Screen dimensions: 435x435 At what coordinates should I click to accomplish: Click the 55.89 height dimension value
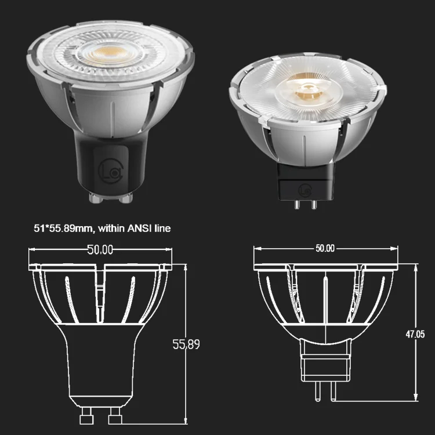(x=186, y=345)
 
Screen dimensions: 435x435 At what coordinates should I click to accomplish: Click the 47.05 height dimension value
(x=416, y=333)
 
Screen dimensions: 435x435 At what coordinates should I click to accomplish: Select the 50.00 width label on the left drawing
(x=100, y=250)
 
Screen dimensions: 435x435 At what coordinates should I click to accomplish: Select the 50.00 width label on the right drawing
(x=325, y=248)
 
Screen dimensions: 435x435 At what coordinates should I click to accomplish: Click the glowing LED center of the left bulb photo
(x=109, y=56)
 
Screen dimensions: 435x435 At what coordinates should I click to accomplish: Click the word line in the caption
(x=162, y=229)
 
